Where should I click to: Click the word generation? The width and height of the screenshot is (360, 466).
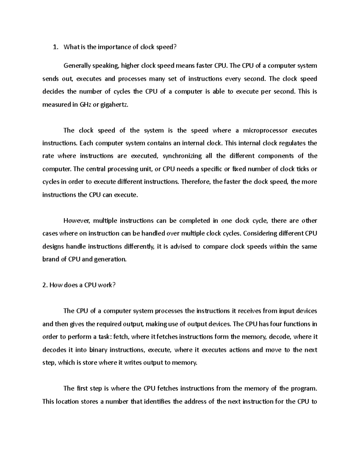110,259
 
